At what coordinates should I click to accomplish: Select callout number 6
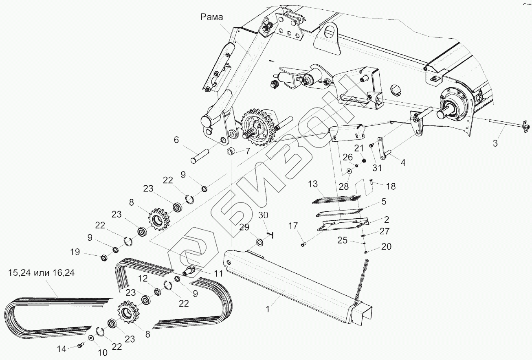[176, 140]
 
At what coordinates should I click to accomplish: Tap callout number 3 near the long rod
[495, 143]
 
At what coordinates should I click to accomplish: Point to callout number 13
[313, 184]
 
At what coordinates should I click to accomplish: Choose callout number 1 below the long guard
[267, 309]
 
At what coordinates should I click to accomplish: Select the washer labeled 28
[350, 170]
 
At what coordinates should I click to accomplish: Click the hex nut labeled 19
[104, 257]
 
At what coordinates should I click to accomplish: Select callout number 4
[403, 162]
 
